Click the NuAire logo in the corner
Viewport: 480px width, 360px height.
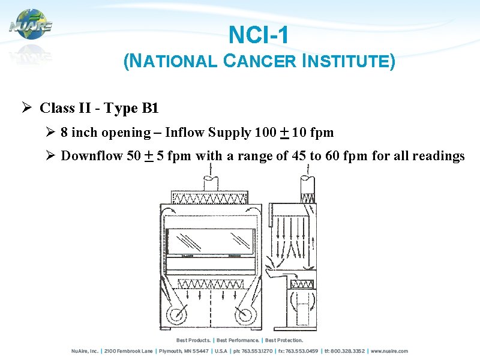tap(30, 24)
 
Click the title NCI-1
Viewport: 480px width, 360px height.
tap(259, 35)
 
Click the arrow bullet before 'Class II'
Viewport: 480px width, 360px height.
tap(26, 108)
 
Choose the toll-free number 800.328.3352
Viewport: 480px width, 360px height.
tap(346, 351)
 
